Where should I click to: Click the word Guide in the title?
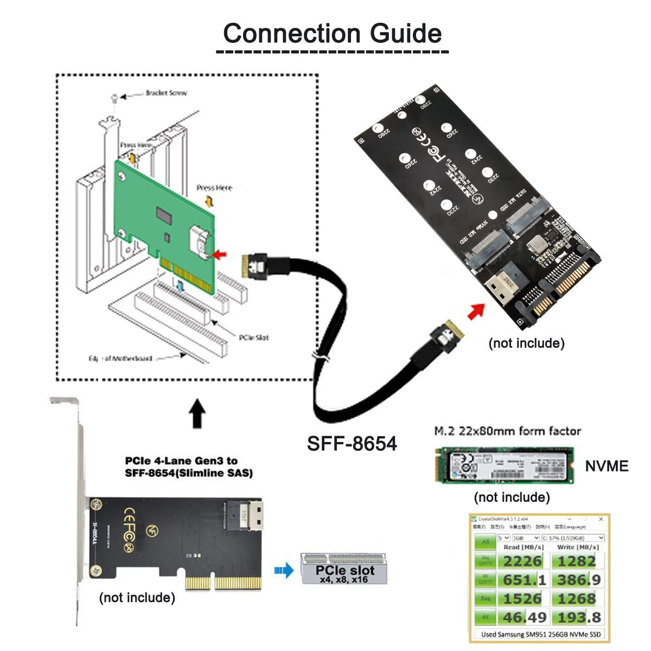click(405, 34)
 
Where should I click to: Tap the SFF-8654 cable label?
click(352, 443)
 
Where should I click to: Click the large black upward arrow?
click(197, 414)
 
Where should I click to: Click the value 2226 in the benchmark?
click(522, 561)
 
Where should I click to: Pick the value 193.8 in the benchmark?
click(579, 617)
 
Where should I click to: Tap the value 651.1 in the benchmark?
click(524, 580)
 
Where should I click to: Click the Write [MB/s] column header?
click(577, 547)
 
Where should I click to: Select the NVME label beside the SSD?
click(607, 466)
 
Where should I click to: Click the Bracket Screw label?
click(165, 93)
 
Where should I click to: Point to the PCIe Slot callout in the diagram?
click(253, 337)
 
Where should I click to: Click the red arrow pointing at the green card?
click(220, 253)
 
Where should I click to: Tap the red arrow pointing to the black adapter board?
click(476, 311)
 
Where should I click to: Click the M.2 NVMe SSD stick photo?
click(505, 465)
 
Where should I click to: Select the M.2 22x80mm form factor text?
click(507, 431)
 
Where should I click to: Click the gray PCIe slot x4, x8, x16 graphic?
click(344, 569)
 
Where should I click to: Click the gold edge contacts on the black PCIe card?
click(224, 583)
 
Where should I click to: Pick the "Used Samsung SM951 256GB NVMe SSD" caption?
click(540, 634)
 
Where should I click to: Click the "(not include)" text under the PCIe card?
click(137, 597)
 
